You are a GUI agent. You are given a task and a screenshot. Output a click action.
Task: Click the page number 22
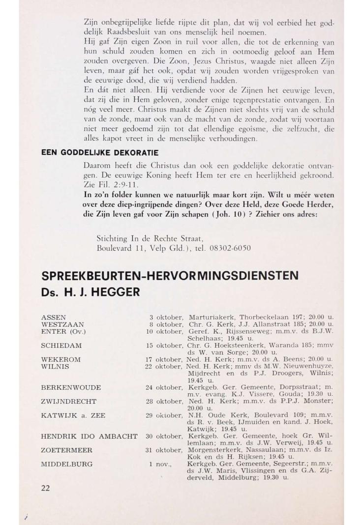click(46, 488)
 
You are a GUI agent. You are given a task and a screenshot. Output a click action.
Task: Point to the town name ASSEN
click(53, 317)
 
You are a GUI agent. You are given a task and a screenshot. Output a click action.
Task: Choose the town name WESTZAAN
click(62, 324)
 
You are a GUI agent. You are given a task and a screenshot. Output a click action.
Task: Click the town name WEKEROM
click(61, 359)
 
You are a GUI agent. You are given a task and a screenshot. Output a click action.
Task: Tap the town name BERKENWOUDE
click(71, 387)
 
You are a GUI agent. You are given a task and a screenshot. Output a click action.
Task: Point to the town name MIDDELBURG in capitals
click(66, 464)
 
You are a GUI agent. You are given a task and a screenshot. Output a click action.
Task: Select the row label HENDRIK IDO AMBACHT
click(89, 436)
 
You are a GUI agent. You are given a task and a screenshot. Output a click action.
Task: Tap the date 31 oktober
click(165, 450)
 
